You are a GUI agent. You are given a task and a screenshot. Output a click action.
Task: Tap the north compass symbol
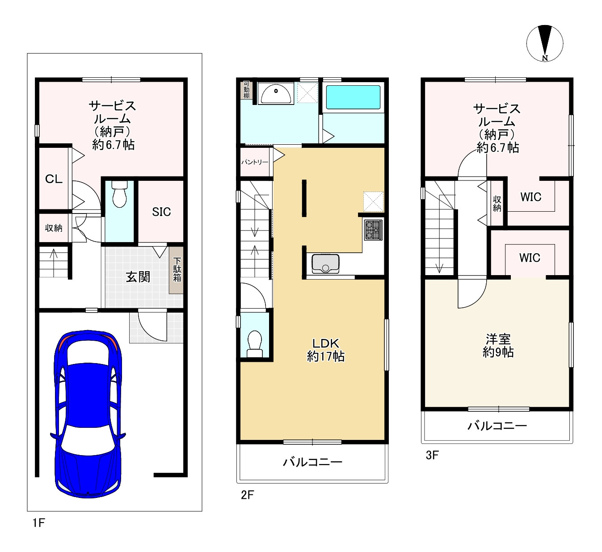coord(545,43)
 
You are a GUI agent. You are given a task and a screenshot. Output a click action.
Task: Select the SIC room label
coord(161,212)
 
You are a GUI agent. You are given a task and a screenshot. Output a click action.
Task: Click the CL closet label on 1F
coord(54,179)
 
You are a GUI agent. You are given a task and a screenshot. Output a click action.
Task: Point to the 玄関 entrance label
coord(138,277)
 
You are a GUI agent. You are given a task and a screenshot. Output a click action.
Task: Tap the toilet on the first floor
coord(119,194)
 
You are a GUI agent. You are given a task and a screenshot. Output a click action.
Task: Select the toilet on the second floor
coord(255,344)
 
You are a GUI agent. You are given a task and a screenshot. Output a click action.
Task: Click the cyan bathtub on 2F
coord(353,97)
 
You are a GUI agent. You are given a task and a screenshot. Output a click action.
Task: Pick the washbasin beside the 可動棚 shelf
coord(275,93)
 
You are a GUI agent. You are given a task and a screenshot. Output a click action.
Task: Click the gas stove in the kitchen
coord(373,230)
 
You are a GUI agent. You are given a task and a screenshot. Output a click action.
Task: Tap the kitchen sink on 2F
coord(326,263)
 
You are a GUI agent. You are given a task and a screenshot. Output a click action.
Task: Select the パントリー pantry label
coord(255,162)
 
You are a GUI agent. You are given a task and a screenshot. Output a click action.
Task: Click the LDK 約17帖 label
coord(326,350)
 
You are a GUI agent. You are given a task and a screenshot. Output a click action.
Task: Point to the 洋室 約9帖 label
coord(498,346)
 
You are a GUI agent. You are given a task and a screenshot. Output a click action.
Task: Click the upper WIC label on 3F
coord(531,197)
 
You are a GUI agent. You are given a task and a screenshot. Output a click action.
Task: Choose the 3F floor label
coord(432,455)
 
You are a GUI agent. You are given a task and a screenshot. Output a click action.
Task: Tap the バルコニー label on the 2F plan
coord(312,462)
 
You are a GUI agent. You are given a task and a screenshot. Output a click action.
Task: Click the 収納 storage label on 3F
coord(497,204)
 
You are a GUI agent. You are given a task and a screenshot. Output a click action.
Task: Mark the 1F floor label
coord(39,523)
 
